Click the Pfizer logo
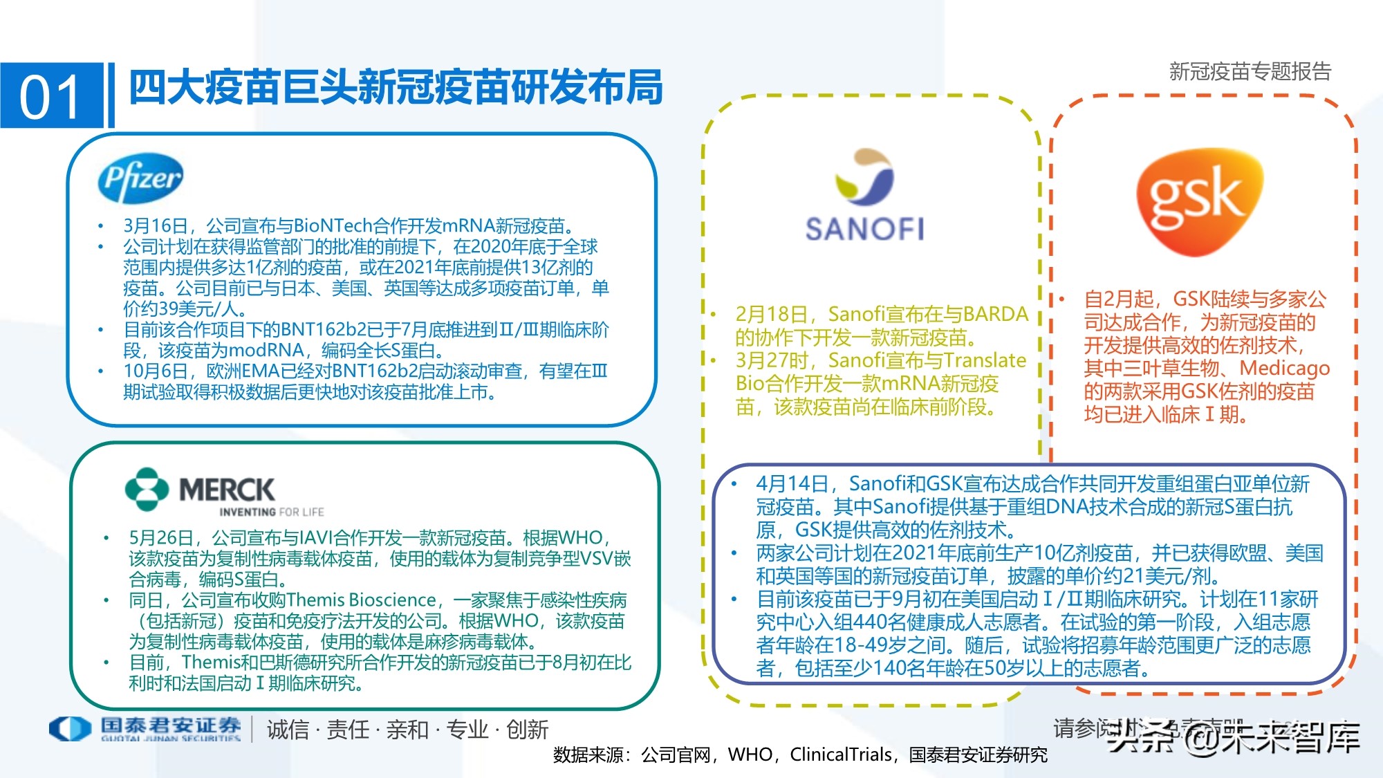[141, 178]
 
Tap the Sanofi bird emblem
[864, 176]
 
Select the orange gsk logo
[1199, 201]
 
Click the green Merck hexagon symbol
[147, 489]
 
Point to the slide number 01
[50, 97]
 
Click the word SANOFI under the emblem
[864, 229]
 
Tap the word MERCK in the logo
[227, 490]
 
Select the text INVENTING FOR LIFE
[271, 512]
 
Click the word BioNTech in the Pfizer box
[333, 226]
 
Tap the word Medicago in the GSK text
[1284, 368]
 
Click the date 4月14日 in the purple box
[792, 483]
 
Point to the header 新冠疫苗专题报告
[1250, 71]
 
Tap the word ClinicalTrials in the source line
[840, 754]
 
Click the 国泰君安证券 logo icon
[70, 728]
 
